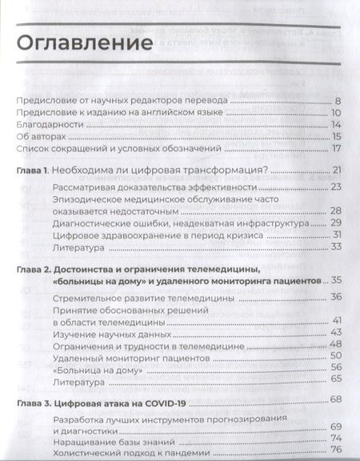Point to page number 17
coord(337,149)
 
